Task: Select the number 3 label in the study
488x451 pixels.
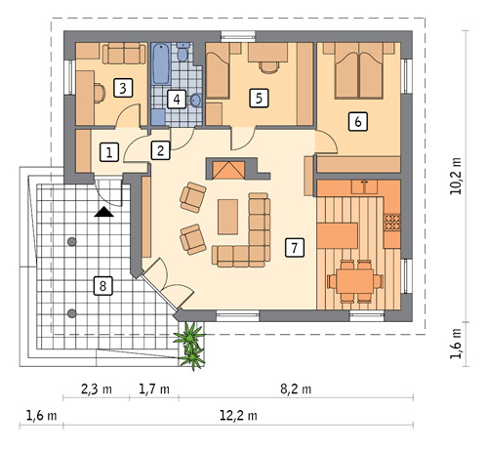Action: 122,88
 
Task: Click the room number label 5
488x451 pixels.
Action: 258,98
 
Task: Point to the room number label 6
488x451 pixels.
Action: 357,121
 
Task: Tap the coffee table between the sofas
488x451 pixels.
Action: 228,217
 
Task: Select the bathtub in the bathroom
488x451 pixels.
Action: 159,63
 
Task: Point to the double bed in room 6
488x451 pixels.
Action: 360,71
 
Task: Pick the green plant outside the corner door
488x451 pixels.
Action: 192,343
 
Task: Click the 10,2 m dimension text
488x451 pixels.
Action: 457,177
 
